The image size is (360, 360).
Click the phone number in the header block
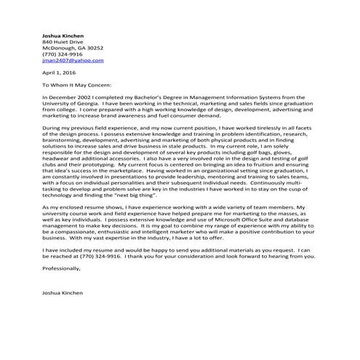pyautogui.click(x=63, y=60)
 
